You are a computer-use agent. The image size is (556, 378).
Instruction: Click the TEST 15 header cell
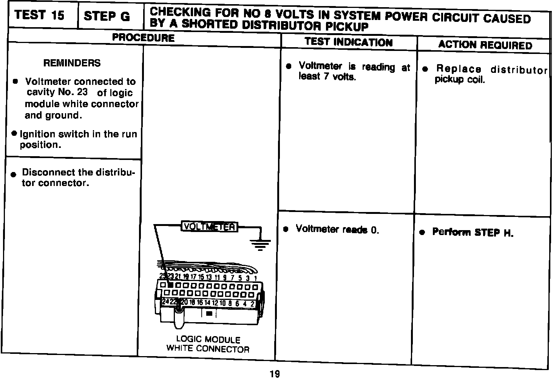point(40,15)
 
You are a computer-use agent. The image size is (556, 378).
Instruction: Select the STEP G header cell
point(107,16)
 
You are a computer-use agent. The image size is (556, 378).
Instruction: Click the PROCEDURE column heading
point(144,38)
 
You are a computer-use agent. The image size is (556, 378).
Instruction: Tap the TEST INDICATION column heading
point(348,42)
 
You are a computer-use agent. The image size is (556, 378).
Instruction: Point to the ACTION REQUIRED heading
point(485,45)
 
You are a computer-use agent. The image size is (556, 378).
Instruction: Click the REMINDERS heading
point(72,63)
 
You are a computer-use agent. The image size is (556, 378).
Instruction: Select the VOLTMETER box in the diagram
point(209,226)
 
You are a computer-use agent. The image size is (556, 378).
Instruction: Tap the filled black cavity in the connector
point(171,286)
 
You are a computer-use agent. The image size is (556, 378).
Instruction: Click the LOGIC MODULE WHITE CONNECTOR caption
point(208,344)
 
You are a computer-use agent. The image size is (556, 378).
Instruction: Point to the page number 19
point(275,374)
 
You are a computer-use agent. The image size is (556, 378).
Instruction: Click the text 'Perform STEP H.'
point(473,232)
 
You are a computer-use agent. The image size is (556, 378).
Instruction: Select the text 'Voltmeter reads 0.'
point(337,229)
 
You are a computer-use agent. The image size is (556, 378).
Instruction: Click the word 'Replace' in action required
point(459,69)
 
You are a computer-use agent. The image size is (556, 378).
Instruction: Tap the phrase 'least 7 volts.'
point(327,77)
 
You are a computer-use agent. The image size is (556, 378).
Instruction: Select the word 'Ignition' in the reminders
point(36,134)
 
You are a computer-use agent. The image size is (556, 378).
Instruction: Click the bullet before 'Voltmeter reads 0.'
point(286,229)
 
